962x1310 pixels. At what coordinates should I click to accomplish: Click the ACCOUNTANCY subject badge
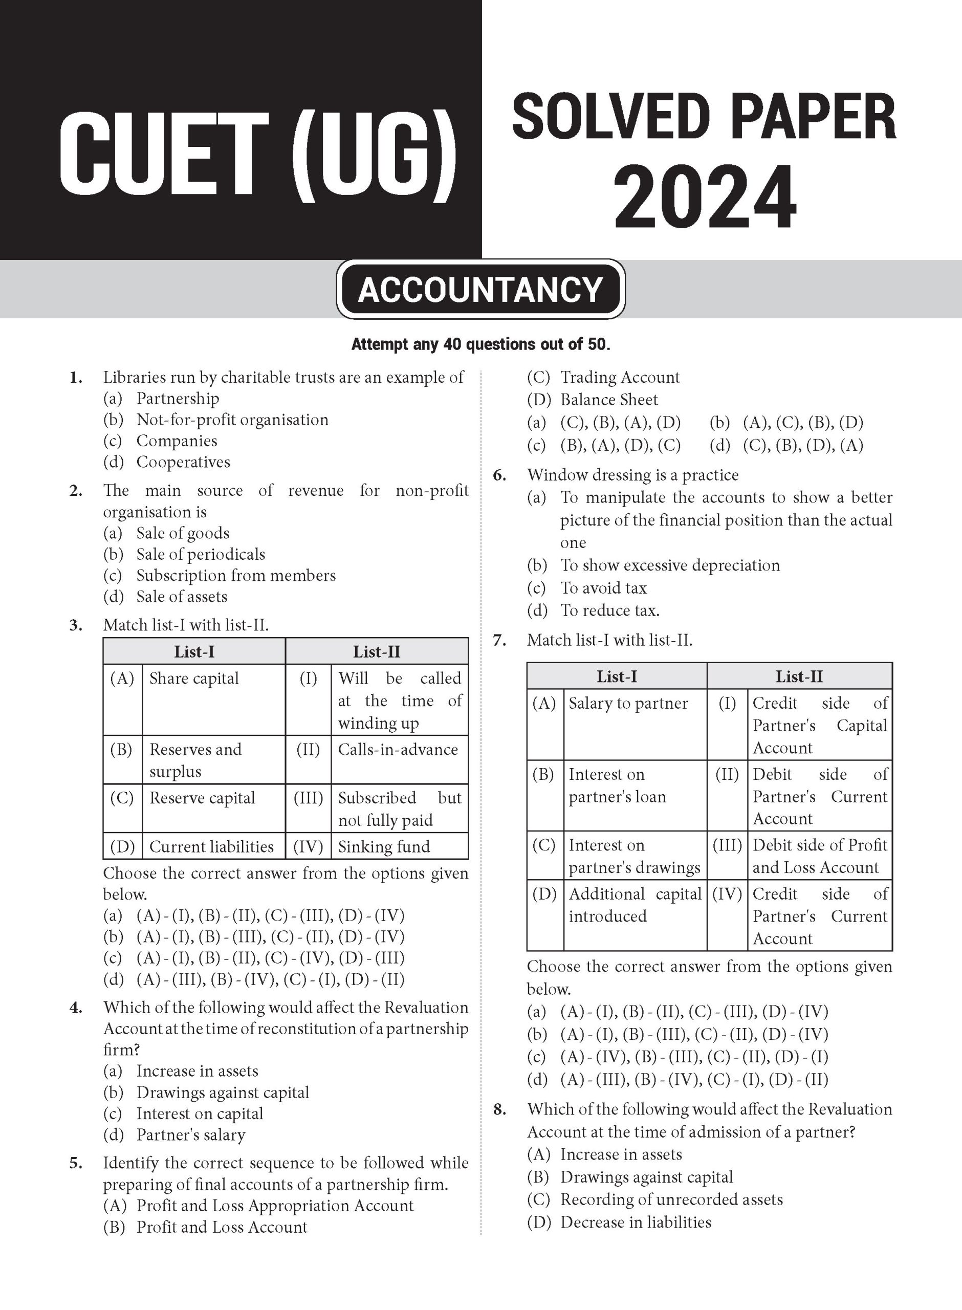(x=480, y=289)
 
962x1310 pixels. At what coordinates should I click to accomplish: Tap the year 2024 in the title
(x=705, y=199)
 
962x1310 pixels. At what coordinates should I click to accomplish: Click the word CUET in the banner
(x=164, y=157)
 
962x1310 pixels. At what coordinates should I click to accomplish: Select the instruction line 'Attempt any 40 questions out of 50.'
(x=480, y=344)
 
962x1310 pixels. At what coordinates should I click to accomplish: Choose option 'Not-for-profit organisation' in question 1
(x=232, y=420)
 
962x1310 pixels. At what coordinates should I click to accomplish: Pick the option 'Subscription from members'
(x=236, y=575)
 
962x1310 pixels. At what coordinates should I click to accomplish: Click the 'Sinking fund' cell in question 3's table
(x=384, y=846)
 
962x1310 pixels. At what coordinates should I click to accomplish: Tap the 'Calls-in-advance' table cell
(x=398, y=749)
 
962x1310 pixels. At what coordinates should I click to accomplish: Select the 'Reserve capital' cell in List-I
(x=202, y=798)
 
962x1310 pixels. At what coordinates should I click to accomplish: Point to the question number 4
(x=76, y=1008)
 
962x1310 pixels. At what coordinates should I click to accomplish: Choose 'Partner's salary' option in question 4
(x=190, y=1135)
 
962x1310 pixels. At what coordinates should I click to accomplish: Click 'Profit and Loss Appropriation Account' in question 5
(x=274, y=1205)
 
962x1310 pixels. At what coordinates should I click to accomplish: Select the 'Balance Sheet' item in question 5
(x=608, y=400)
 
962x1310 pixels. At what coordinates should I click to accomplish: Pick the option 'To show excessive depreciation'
(x=670, y=565)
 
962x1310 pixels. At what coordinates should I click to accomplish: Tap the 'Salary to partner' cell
(x=628, y=703)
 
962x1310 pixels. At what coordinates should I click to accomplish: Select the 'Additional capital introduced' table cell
(x=635, y=905)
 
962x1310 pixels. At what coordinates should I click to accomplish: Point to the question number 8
(x=499, y=1109)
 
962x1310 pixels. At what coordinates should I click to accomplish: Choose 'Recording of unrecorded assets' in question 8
(x=671, y=1199)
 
